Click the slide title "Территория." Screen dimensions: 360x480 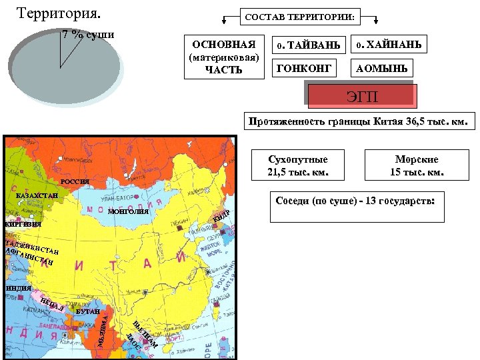pyautogui.click(x=58, y=13)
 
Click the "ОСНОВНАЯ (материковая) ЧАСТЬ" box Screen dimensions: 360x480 pyautogui.click(x=224, y=57)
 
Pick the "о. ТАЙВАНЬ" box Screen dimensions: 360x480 pyautogui.click(x=309, y=45)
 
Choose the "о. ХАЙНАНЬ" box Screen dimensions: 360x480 pyautogui.click(x=389, y=45)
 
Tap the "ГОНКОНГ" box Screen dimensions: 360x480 pyautogui.click(x=302, y=68)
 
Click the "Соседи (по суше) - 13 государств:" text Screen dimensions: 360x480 pyautogui.click(x=354, y=200)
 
